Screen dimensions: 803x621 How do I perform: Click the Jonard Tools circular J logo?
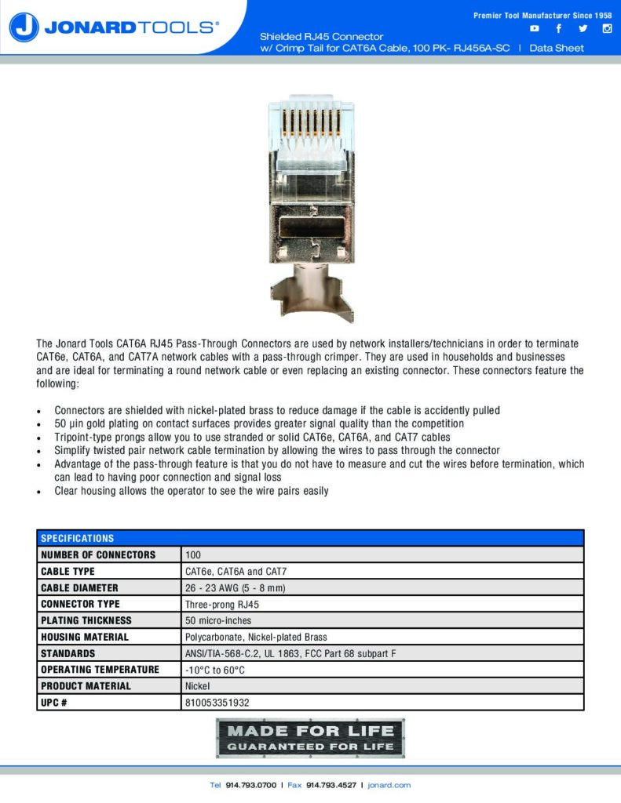24,27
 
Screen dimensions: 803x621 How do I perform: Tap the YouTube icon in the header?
535,29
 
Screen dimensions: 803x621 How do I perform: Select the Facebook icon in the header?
558,29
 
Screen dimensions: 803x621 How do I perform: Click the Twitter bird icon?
583,29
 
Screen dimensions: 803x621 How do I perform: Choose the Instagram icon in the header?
607,29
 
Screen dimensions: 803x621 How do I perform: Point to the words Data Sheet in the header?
557,48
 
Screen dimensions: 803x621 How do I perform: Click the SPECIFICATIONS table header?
78,538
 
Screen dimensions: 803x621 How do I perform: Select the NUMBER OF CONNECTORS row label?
98,554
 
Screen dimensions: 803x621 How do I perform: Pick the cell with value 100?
193,554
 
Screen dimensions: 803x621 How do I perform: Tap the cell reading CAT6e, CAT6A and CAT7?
230,572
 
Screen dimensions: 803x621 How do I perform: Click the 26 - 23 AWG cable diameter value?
235,588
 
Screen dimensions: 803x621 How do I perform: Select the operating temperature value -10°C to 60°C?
215,670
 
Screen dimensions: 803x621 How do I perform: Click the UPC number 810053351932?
217,703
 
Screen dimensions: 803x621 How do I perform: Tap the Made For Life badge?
310,738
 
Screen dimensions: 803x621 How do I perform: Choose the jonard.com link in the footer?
389,785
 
